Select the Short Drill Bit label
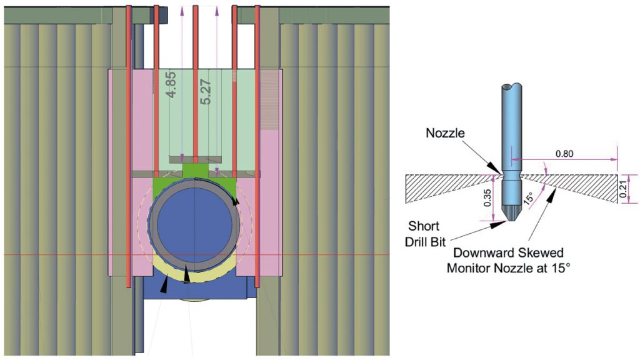coord(425,233)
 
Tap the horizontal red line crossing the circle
coord(62,255)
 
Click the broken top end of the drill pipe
coord(512,86)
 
